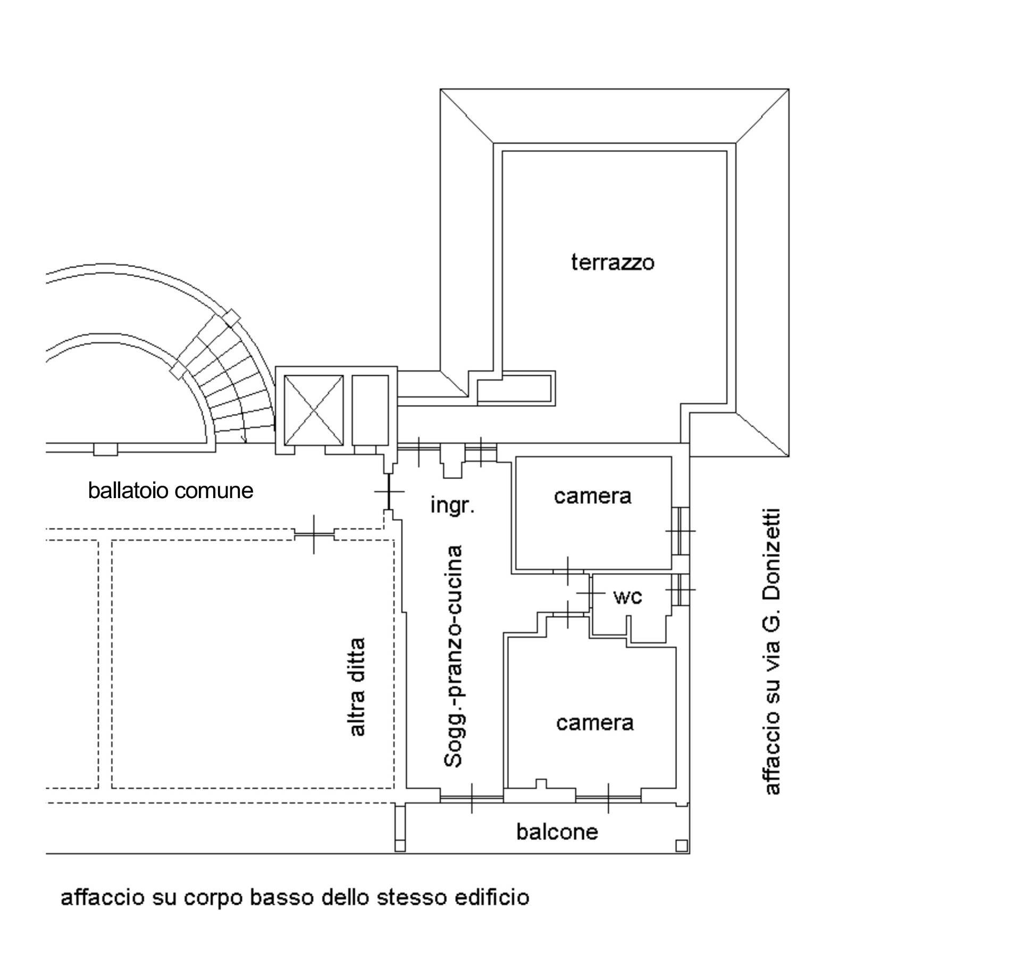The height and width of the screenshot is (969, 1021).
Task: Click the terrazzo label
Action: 613,263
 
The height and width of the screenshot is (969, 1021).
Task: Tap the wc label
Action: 628,597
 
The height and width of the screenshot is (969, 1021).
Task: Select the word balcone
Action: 557,832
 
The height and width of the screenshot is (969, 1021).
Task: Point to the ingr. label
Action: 452,505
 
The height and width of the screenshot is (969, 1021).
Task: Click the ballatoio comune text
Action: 171,491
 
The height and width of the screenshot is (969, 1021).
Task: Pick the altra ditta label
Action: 357,687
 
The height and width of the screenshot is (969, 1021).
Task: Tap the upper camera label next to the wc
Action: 592,496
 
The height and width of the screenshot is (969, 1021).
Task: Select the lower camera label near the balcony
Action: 595,723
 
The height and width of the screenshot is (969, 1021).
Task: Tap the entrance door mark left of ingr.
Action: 389,492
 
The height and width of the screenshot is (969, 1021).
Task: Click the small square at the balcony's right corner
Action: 681,846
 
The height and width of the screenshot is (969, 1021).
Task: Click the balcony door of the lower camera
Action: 609,798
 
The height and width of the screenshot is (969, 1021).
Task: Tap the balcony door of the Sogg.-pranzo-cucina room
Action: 472,798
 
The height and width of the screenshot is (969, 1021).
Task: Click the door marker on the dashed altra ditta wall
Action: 314,534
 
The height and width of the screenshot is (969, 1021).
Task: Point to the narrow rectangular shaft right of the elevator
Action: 370,410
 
